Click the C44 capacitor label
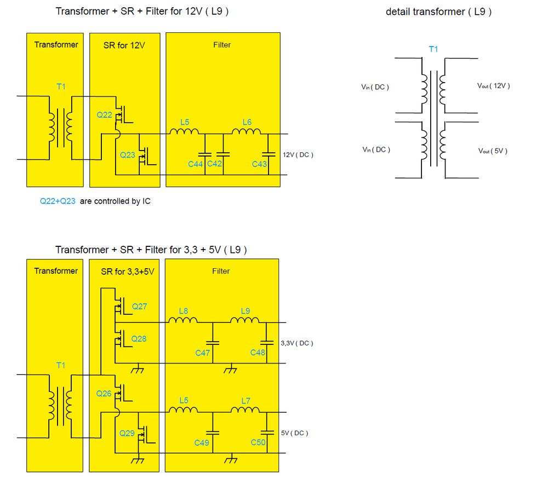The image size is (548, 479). pos(195,164)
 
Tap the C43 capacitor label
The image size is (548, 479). pos(259,164)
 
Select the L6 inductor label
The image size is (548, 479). pos(247,122)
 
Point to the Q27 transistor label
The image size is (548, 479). pos(139,307)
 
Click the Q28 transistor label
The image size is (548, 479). pos(139,339)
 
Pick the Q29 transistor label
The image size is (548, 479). pos(127,433)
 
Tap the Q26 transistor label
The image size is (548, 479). pos(104,394)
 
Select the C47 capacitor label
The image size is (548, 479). pos(203,353)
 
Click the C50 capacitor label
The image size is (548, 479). pos(258,443)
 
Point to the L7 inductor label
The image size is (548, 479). pos(246,401)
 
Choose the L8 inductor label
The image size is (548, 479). pos(184,311)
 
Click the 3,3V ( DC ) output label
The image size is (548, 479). pos(296,343)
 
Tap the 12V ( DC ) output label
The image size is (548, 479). pos(298,155)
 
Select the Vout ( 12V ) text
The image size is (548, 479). pos(494,86)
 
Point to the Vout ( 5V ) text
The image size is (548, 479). pos(493,151)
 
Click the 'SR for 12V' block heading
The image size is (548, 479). pos(124,45)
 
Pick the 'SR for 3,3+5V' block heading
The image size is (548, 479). pos(128,272)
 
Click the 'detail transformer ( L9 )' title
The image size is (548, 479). pos(438,12)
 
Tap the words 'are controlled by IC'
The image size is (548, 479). pos(115,201)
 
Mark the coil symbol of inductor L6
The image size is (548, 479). pos(247,131)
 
